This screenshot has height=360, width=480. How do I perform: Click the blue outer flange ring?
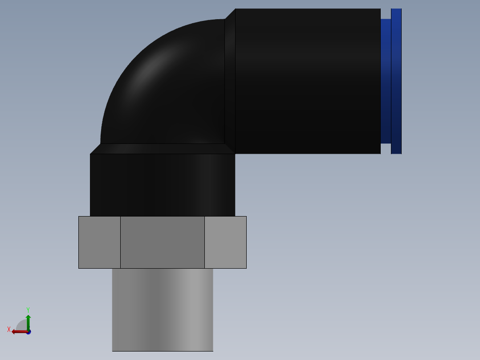tap(396, 81)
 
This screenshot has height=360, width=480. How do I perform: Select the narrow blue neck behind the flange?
tap(386, 81)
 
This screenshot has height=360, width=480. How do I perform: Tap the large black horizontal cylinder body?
tap(307, 81)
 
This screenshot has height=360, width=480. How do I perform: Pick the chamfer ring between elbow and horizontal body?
tap(230, 81)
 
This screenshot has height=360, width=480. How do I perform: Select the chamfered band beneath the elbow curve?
tap(163, 149)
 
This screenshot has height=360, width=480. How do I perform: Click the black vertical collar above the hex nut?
tap(163, 185)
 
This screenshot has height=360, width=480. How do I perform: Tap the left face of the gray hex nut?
tap(99, 242)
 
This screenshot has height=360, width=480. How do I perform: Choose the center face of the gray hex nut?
tap(163, 242)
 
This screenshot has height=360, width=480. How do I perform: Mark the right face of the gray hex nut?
tap(225, 242)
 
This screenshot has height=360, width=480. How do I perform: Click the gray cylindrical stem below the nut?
tap(163, 310)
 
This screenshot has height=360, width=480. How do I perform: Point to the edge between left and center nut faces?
tap(120, 242)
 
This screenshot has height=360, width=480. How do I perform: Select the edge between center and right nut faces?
tap(205, 242)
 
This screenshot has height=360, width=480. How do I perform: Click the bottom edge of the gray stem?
tap(163, 351)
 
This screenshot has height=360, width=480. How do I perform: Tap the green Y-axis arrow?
tap(28, 320)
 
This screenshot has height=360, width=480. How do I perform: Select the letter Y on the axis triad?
tap(28, 310)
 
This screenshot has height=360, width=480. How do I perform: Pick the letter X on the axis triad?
tap(9, 329)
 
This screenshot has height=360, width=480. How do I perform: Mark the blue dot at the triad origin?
tap(28, 332)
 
